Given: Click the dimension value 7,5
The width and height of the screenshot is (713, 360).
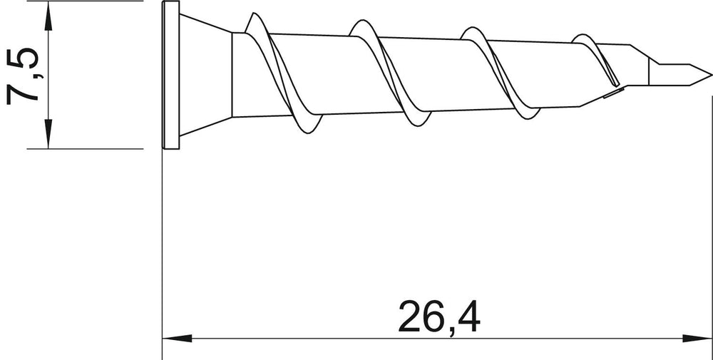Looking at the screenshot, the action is (x=23, y=76).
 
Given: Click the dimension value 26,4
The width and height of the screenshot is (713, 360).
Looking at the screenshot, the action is (x=439, y=317).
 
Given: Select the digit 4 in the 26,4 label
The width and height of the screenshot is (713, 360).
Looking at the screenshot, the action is (x=468, y=316).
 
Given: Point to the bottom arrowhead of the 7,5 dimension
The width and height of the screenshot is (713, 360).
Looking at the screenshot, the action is (x=48, y=134).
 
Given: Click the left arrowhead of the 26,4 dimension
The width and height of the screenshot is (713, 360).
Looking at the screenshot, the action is (x=178, y=338).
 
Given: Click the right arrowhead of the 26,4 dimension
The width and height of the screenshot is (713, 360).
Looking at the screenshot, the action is (x=697, y=338).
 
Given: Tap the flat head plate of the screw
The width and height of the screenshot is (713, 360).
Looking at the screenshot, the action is (x=171, y=75).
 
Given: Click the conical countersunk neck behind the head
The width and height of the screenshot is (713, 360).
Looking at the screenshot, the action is (x=205, y=75).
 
